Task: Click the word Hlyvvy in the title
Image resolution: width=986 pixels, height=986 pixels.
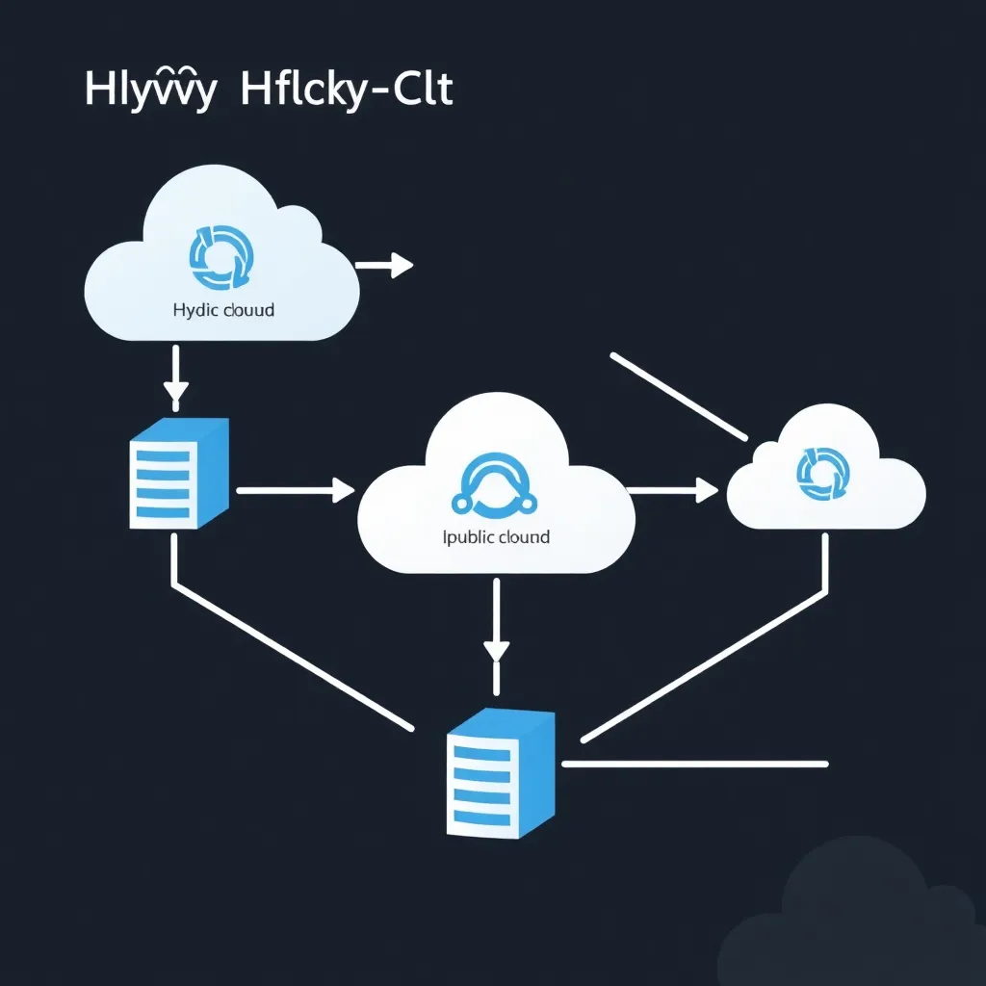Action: point(148,92)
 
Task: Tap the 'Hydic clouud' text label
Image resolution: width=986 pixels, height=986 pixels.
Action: point(223,311)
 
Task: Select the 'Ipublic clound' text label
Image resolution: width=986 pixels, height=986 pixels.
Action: point(497,536)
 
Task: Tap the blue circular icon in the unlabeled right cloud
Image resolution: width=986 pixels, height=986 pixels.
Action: point(824,473)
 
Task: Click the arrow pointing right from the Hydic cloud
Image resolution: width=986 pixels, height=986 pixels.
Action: point(384,265)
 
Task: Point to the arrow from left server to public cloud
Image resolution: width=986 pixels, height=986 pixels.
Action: point(295,490)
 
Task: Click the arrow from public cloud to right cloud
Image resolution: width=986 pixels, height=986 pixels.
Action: point(673,490)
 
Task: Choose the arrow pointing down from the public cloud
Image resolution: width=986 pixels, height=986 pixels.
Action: point(496,631)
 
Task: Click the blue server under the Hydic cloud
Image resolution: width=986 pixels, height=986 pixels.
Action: point(179,472)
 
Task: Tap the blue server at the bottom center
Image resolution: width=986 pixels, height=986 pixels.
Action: point(499,772)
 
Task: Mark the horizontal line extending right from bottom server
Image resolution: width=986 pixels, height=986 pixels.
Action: point(693,764)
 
